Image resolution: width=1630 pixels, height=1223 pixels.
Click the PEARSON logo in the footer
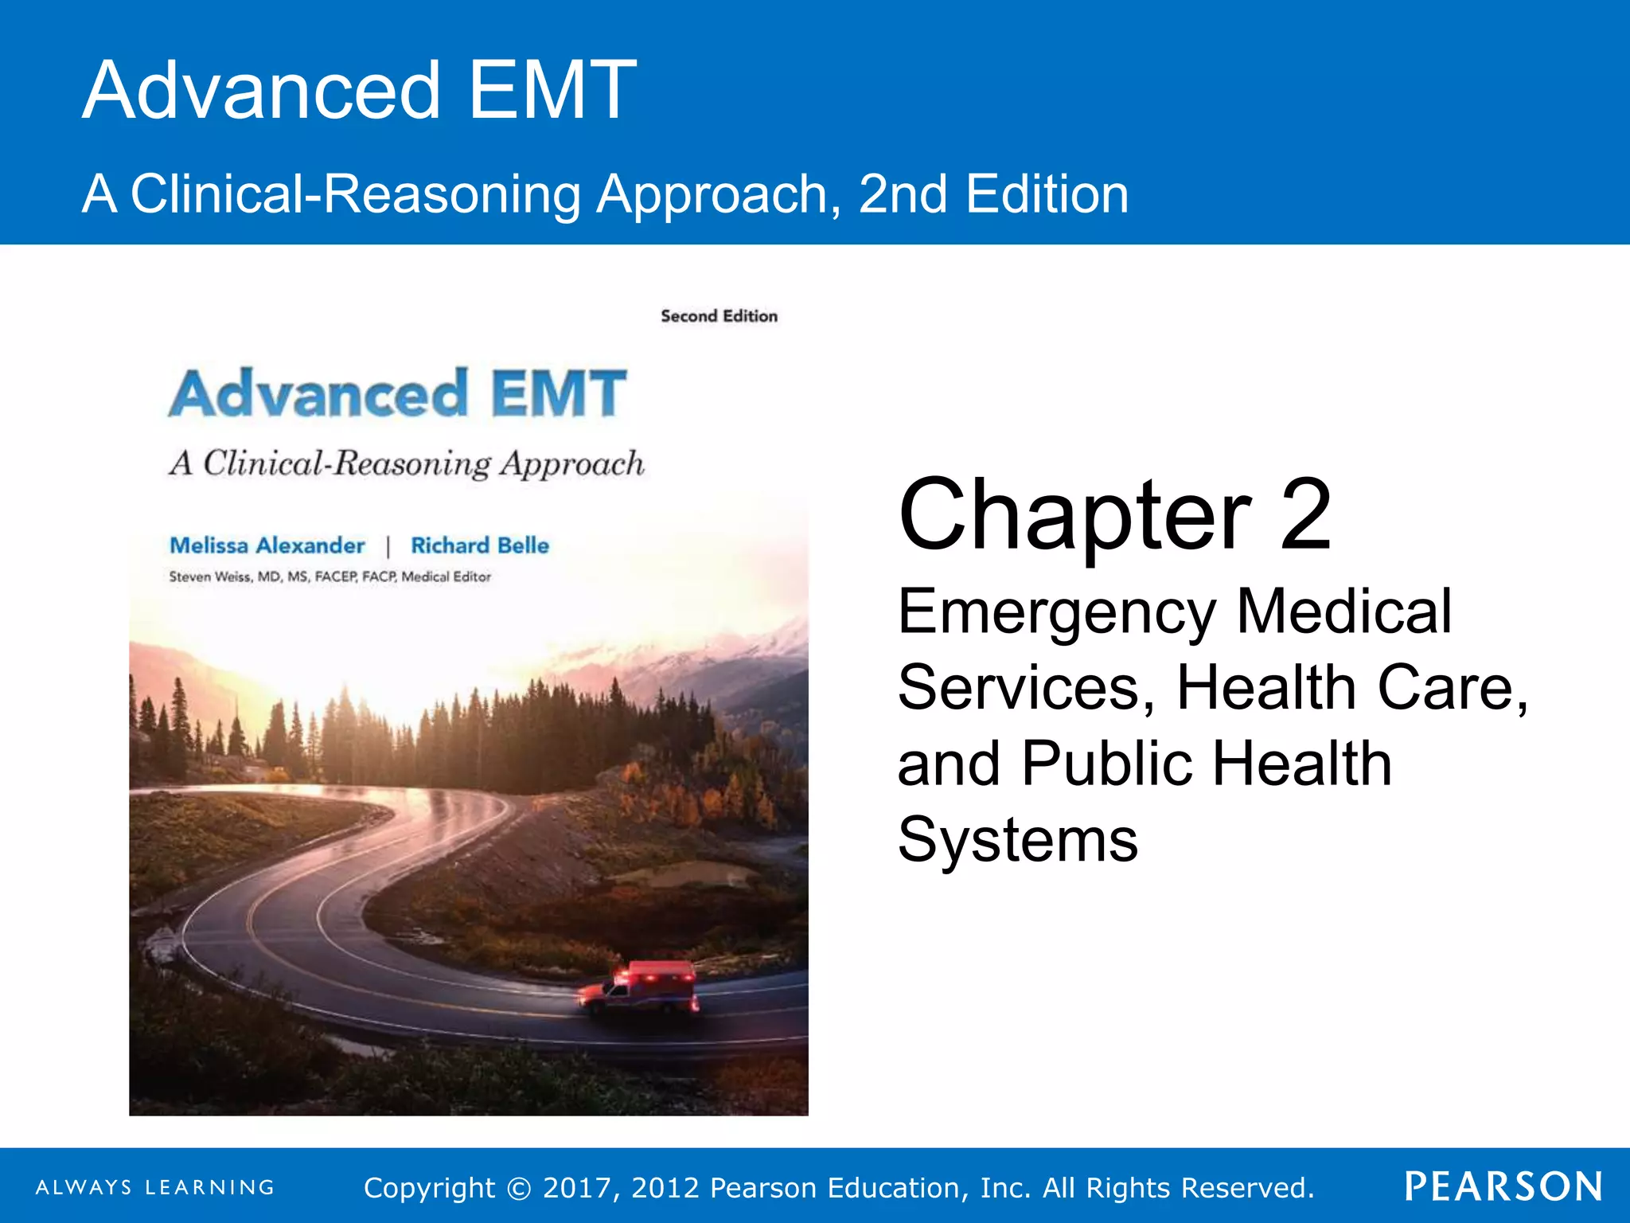coord(1503,1186)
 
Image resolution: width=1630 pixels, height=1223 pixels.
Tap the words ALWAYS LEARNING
coord(155,1187)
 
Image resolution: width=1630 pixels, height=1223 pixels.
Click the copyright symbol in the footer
coord(519,1188)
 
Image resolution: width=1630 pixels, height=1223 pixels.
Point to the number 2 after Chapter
coord(1305,515)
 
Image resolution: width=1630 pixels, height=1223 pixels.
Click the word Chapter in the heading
coord(1074,515)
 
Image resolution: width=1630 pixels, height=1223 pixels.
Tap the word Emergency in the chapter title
coord(1057,611)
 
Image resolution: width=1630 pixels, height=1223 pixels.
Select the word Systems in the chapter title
coord(1018,839)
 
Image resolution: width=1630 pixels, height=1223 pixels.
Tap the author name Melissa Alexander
coord(267,545)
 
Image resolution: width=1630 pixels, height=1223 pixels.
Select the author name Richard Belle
coord(480,545)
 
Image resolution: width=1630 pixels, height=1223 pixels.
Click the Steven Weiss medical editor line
coord(330,576)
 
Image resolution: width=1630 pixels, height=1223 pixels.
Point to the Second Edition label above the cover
coord(719,316)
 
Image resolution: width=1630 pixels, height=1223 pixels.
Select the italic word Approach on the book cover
coord(571,464)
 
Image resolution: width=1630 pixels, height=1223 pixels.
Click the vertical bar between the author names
coord(388,546)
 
